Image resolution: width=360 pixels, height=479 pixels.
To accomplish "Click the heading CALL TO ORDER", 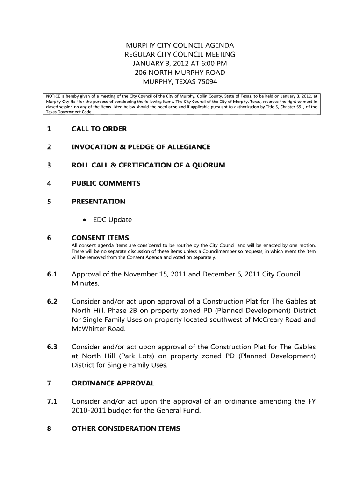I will click(x=99, y=129).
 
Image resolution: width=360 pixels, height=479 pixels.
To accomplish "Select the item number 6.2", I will click(x=51, y=301).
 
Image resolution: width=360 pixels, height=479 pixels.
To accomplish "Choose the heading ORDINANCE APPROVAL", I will click(x=113, y=383).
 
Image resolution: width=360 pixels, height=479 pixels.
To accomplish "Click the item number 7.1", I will click(x=51, y=401).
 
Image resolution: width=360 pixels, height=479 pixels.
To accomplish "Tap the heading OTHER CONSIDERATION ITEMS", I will click(x=125, y=428).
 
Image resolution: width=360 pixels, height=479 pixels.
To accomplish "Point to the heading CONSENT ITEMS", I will click(x=100, y=238).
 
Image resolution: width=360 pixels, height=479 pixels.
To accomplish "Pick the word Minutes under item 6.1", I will click(x=85, y=283).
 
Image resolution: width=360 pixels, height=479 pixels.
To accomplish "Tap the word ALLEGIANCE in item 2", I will click(x=185, y=147).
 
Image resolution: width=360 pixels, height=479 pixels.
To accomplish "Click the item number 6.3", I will click(x=51, y=347).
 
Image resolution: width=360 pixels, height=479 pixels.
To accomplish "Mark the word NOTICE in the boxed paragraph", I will click(x=54, y=96).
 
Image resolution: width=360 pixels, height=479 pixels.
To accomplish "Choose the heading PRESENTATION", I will click(x=98, y=202).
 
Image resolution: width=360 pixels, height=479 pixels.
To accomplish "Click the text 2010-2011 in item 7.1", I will click(x=89, y=411).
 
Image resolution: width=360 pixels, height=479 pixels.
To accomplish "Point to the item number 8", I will click(x=49, y=428).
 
